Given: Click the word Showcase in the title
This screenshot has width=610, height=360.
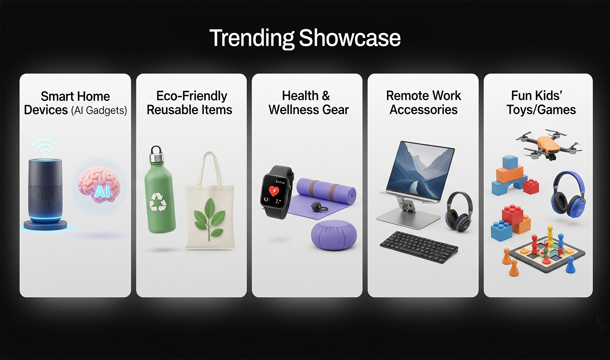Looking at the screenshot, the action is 350,38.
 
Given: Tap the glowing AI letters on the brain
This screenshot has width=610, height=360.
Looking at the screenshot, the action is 102,191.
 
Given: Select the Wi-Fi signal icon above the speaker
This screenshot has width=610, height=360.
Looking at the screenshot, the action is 44,147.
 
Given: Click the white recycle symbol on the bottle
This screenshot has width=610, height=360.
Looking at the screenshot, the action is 158,202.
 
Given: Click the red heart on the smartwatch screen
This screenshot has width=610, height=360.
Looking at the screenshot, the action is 274,191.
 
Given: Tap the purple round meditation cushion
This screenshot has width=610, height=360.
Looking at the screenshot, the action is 334,235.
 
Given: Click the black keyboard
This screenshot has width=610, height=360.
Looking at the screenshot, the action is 419,246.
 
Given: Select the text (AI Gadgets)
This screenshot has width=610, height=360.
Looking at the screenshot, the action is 99,110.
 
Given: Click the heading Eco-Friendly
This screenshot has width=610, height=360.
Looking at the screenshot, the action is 192,96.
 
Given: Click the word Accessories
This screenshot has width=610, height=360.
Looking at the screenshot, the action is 424,110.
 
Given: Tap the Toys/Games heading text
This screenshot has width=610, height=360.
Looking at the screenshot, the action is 541,110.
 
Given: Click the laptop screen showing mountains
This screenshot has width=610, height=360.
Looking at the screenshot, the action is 420,171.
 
